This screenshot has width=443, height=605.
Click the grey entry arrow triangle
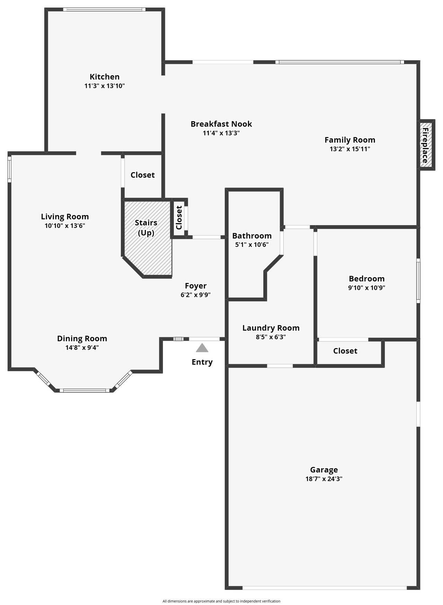(x=202, y=348)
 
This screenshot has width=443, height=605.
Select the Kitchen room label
(x=105, y=77)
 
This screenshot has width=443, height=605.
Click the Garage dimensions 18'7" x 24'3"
(x=324, y=479)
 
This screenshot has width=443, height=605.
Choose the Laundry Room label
(x=271, y=328)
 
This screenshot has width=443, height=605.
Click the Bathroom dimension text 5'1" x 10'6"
(x=252, y=244)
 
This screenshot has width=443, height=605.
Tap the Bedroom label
(x=367, y=279)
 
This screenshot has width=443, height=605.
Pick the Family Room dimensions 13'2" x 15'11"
(x=350, y=149)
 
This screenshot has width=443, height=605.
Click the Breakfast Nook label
(x=221, y=124)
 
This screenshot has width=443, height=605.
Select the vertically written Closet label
(x=179, y=218)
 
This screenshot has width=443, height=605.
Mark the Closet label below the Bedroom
(x=345, y=351)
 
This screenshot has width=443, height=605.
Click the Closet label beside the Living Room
(x=143, y=175)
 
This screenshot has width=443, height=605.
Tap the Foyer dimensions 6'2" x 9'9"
(x=196, y=295)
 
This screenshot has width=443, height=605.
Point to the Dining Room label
(x=82, y=339)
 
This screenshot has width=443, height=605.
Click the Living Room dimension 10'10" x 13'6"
(x=65, y=226)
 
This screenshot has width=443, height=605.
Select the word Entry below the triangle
(x=202, y=362)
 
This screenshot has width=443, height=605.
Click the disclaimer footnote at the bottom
(x=221, y=601)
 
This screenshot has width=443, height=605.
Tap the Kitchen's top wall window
(x=104, y=10)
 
